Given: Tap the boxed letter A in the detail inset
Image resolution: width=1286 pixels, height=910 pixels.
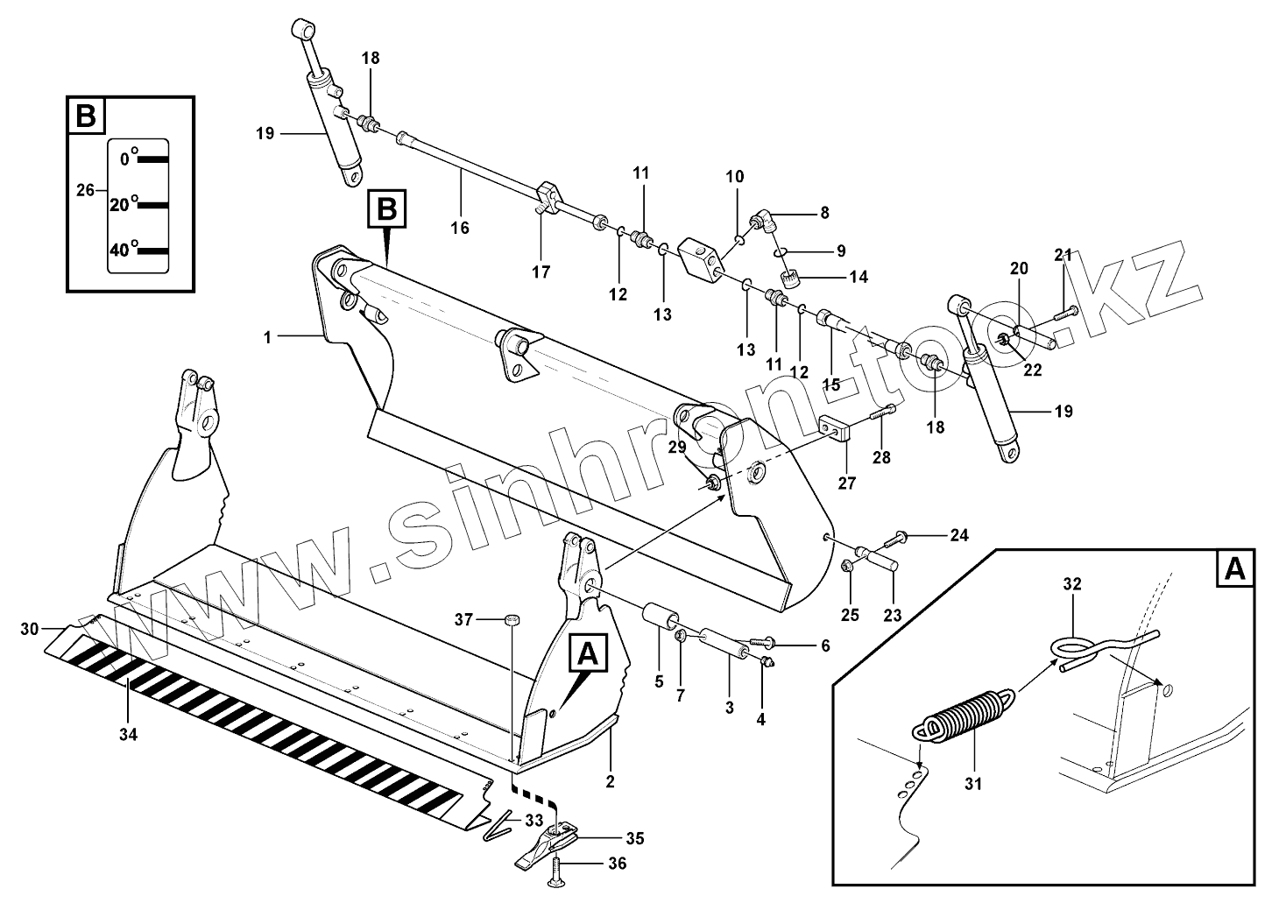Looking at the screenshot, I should click(1234, 569).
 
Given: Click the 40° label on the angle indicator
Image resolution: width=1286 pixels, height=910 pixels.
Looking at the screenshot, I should click(119, 250).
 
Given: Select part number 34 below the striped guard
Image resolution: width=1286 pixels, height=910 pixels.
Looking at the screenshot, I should click(128, 735).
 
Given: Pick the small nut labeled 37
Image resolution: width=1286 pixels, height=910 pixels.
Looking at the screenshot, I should click(512, 620).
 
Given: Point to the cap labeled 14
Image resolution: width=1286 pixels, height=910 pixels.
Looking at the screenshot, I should click(792, 279).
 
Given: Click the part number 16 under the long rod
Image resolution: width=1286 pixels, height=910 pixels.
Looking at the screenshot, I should click(460, 229).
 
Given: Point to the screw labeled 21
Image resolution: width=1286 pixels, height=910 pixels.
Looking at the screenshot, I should click(1066, 310).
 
